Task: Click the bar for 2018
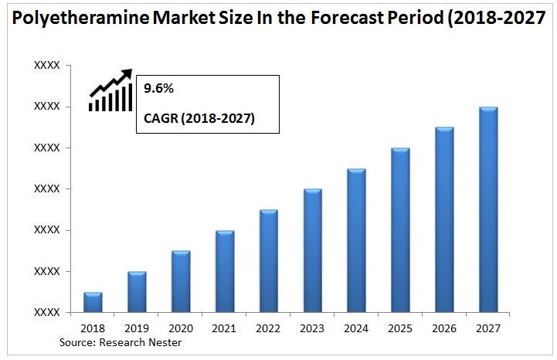tap(93, 303)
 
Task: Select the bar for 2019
tap(137, 292)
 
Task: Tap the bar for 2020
tap(181, 282)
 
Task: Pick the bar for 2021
tap(225, 272)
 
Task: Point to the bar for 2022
tap(269, 261)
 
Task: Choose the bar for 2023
tap(312, 251)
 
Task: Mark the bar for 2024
tap(356, 241)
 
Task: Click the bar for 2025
tap(400, 230)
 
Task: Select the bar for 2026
tap(444, 220)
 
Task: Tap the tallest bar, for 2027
tap(488, 210)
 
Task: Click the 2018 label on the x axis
tap(93, 328)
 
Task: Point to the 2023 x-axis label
tap(312, 328)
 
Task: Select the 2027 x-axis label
tap(488, 328)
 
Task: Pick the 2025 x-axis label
tap(400, 328)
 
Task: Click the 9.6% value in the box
tap(159, 90)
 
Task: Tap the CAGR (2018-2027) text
tap(199, 119)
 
